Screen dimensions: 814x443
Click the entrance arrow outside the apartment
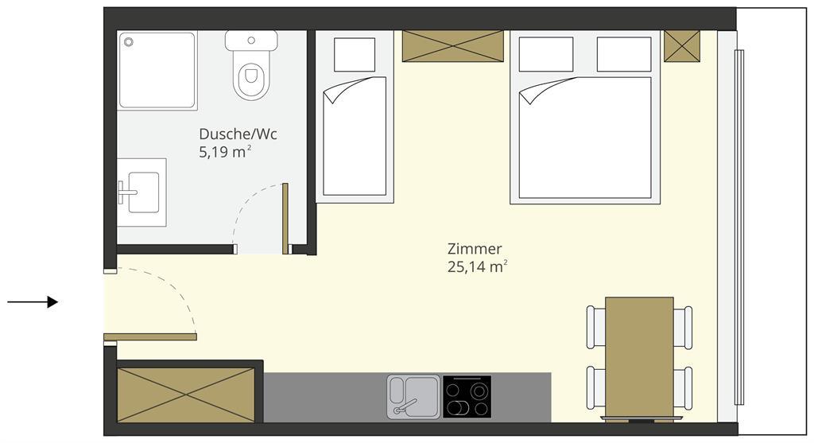32,301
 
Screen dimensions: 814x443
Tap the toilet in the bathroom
251,65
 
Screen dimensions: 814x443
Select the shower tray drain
128,42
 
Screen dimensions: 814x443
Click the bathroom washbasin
141,192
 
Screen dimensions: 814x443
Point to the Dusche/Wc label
238,134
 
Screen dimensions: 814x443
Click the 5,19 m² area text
225,152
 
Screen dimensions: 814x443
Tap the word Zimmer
475,249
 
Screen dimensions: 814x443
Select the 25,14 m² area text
477,267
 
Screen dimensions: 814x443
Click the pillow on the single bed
355,55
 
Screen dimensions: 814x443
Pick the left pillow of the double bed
546,55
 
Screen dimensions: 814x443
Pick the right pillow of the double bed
624,55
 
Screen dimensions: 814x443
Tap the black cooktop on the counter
467,397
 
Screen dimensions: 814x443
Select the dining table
640,359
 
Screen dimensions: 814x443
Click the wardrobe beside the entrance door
186,395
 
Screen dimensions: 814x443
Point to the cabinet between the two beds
452,45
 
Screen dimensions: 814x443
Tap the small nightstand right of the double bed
682,45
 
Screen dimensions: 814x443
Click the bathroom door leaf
285,219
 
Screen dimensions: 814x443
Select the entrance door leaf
150,337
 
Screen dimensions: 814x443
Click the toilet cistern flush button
251,40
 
